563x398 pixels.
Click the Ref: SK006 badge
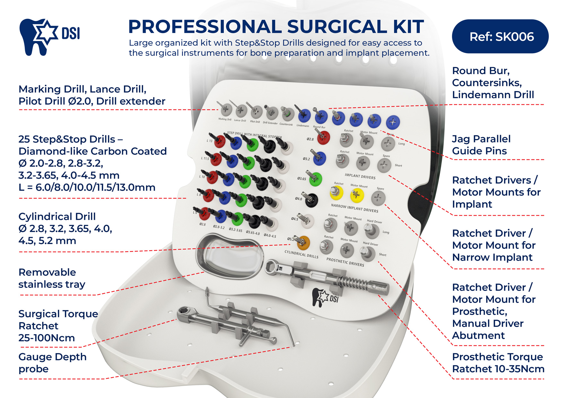500,37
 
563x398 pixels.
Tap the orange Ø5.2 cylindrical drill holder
303,243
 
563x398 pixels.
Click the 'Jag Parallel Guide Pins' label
481,145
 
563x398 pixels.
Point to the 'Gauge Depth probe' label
52,363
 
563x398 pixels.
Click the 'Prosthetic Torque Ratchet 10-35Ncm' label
498,363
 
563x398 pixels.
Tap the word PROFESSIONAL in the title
204,27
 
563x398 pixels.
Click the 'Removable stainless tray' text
52,278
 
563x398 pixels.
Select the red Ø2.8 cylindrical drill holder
323,137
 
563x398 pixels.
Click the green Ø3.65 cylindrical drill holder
315,179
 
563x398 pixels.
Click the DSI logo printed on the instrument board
325,297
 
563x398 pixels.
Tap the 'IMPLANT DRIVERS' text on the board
360,176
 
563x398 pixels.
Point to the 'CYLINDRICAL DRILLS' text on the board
301,254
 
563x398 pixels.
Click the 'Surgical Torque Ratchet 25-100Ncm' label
58,325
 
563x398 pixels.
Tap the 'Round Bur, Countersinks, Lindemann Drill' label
493,82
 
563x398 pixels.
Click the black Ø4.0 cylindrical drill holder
311,200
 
